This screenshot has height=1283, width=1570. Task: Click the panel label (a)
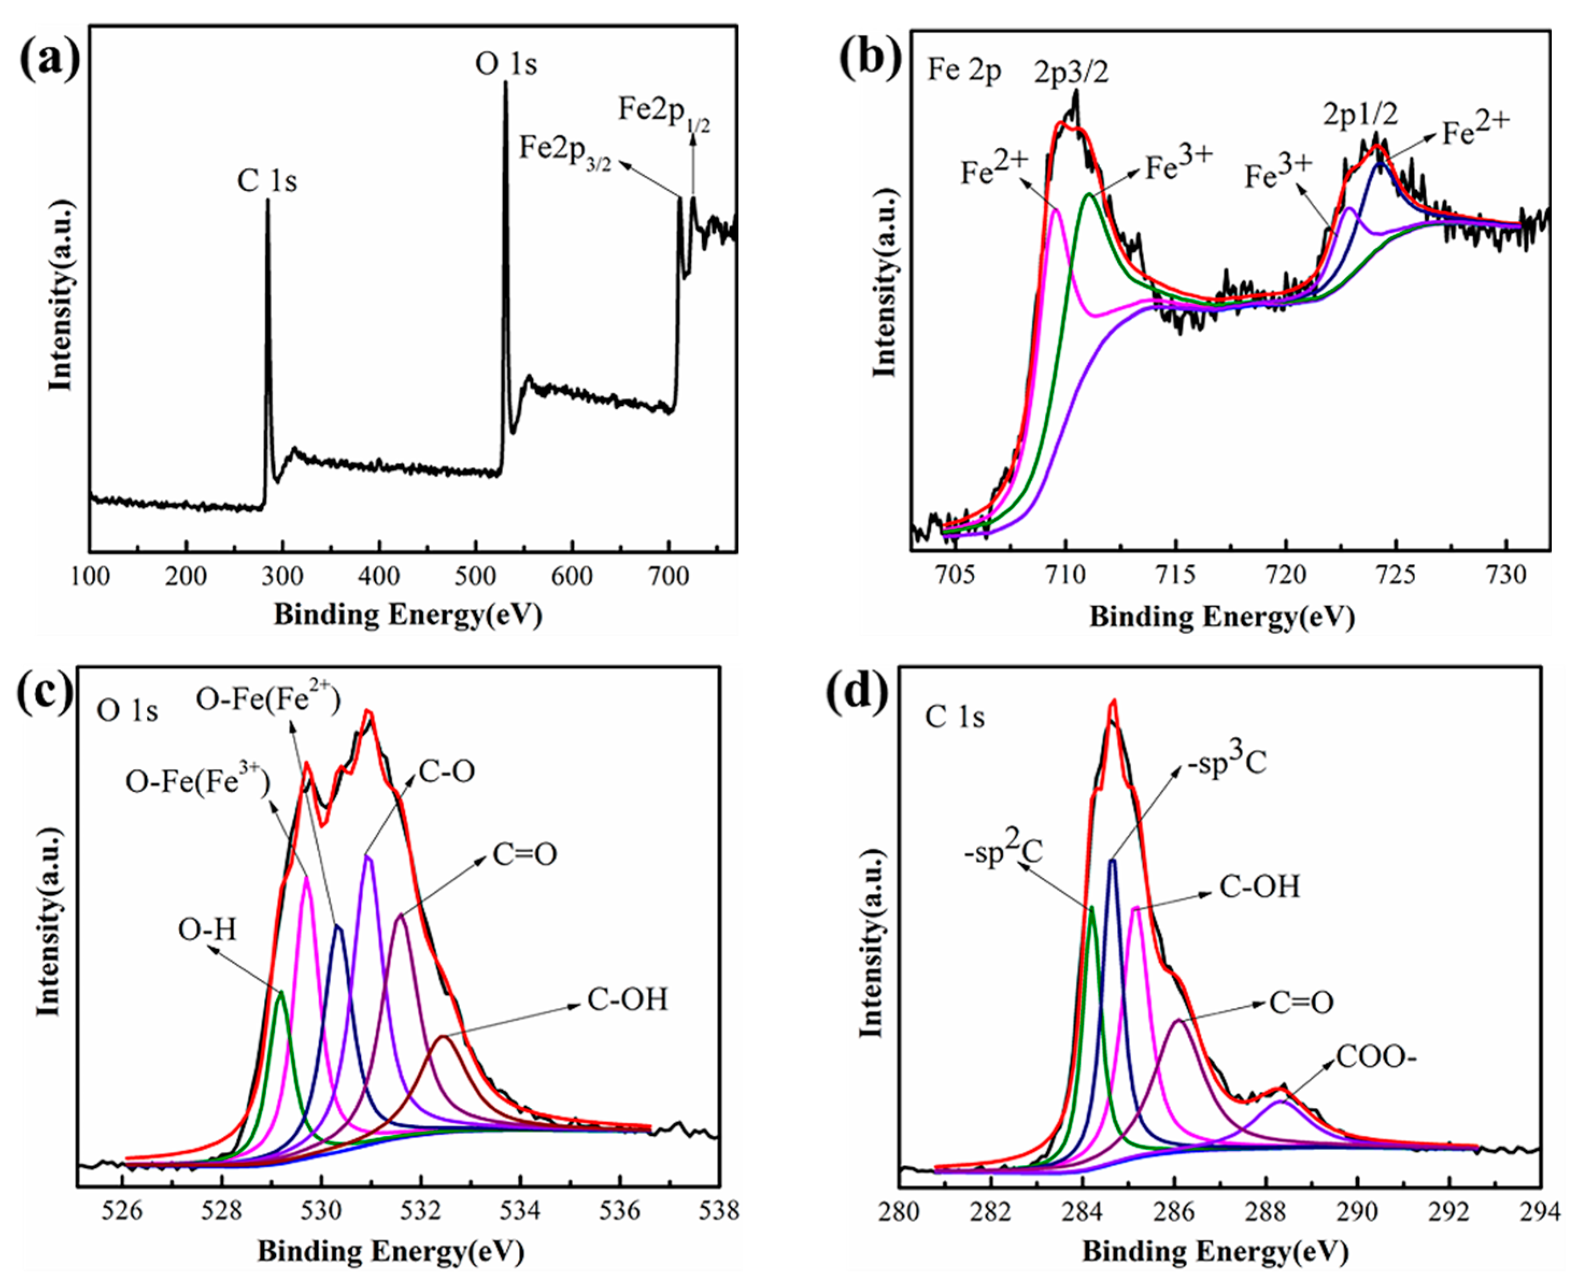(x=49, y=61)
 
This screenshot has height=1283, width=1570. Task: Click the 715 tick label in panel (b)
(x=1175, y=574)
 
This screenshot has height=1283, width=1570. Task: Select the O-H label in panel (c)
(x=208, y=930)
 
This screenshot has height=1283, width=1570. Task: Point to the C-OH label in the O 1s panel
(x=627, y=999)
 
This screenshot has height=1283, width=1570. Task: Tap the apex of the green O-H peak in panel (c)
(x=280, y=992)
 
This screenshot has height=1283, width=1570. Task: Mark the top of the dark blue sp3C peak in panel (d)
(x=1112, y=860)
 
